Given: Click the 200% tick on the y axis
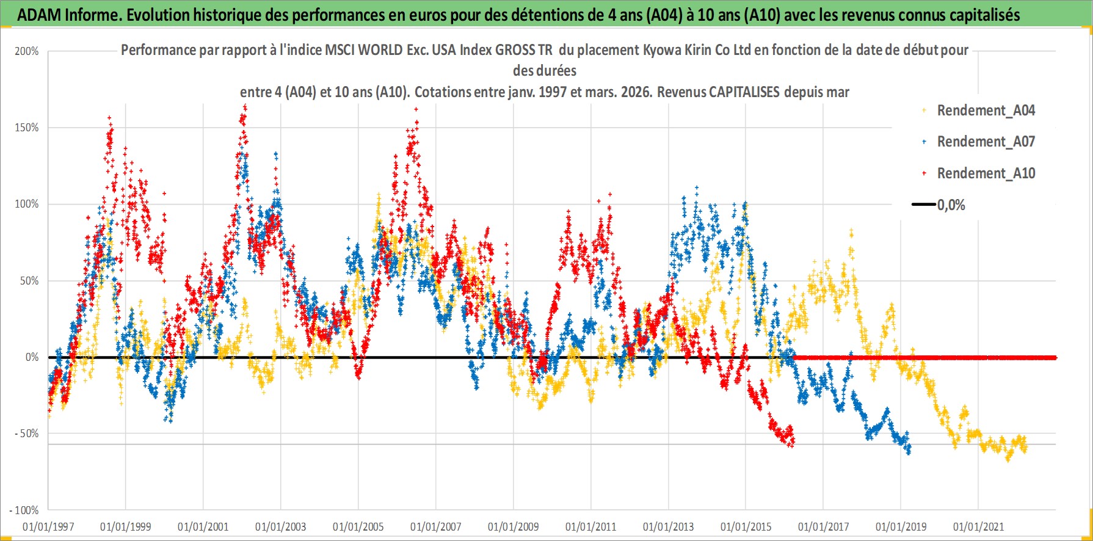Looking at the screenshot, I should [27, 51].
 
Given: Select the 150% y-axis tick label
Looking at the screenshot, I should [27, 128].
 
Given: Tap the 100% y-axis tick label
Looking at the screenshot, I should [27, 204].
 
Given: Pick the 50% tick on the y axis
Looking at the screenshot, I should [29, 281].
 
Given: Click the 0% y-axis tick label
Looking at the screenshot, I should [32, 357].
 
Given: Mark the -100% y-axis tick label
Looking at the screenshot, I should [24, 510].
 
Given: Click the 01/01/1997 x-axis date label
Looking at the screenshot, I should [48, 526].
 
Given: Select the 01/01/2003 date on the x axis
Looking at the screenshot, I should [281, 526].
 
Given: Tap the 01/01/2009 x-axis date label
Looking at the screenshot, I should [514, 526].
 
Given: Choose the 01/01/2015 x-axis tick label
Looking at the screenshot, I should [746, 526].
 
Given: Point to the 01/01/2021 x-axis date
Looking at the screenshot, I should [979, 526].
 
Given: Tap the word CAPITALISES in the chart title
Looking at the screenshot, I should [744, 92].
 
